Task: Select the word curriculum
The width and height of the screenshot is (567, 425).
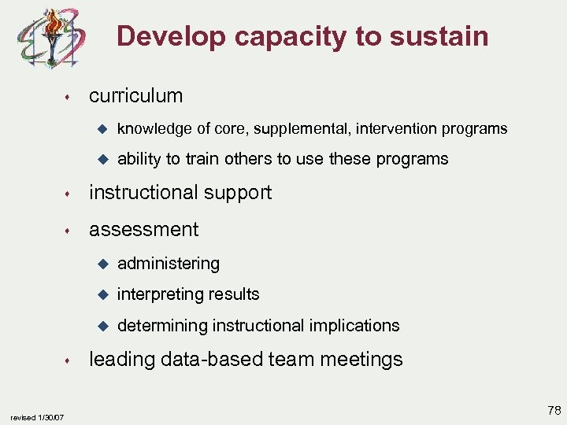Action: click(x=135, y=96)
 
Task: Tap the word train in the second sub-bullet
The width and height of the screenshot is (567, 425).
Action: click(x=202, y=159)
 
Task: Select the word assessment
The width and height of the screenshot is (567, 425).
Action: click(x=143, y=230)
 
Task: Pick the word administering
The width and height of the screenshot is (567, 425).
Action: click(x=169, y=264)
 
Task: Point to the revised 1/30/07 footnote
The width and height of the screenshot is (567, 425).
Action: click(x=37, y=416)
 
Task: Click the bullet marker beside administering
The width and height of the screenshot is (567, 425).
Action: click(x=100, y=263)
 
